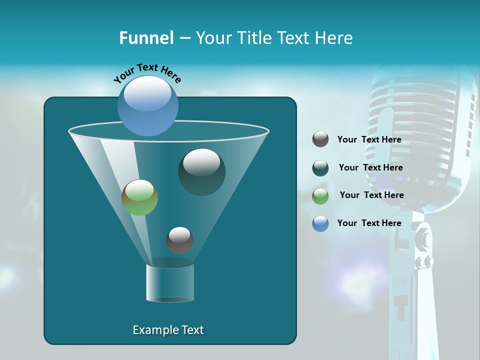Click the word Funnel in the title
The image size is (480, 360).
tap(146, 38)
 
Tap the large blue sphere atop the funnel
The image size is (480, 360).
tap(147, 105)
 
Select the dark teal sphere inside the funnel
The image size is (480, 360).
tap(201, 171)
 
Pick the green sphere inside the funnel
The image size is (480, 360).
tap(139, 197)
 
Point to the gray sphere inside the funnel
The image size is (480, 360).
tap(179, 240)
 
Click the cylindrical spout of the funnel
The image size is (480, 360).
tap(169, 283)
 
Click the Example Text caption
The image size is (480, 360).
tap(168, 330)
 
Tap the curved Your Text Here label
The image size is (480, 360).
tap(147, 72)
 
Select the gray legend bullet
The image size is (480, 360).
tap(320, 139)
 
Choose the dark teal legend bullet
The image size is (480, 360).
tap(320, 167)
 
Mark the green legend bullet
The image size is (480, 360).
tap(320, 195)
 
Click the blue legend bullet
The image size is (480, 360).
tap(320, 223)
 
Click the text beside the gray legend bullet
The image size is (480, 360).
tap(369, 139)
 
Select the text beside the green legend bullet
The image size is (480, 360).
tap(371, 195)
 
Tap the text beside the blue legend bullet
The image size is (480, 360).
tap(369, 223)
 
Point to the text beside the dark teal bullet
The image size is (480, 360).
tap(370, 167)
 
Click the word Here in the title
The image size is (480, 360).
tap(334, 38)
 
